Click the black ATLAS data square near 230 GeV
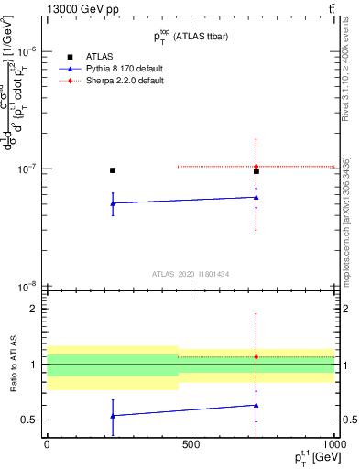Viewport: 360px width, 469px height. click(x=113, y=170)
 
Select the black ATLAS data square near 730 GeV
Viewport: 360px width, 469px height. click(x=256, y=171)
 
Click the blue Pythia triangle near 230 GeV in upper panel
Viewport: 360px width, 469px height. click(x=113, y=203)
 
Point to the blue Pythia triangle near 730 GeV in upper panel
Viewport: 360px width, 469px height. click(x=256, y=197)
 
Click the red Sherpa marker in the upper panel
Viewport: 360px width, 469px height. click(x=256, y=167)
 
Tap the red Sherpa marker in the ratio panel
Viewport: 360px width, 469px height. click(x=256, y=356)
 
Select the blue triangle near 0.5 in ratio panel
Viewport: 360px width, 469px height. click(x=113, y=416)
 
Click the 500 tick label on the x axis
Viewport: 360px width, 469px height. click(x=191, y=443)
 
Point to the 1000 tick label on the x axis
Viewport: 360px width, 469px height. click(x=332, y=443)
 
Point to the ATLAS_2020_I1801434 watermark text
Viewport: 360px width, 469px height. click(x=191, y=274)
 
